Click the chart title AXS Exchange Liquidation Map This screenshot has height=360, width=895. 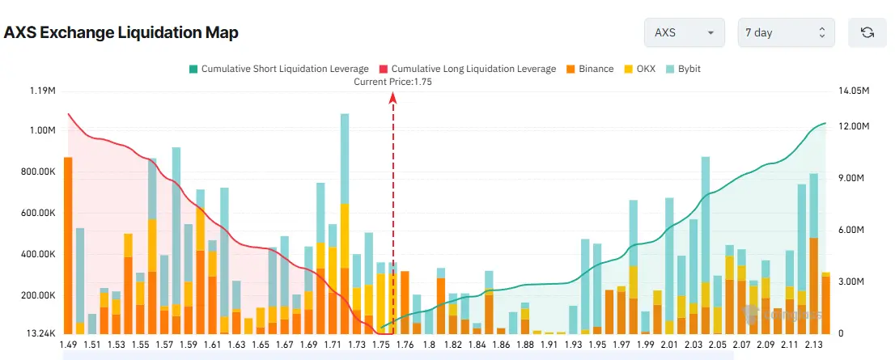point(121,33)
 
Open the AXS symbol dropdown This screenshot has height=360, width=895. point(683,33)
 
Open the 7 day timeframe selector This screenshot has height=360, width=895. point(785,33)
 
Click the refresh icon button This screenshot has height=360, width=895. point(867,33)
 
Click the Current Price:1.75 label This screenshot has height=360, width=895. point(393,81)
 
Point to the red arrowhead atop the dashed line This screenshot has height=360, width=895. point(393,97)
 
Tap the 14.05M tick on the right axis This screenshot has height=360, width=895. point(854,91)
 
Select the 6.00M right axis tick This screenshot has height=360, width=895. point(851,231)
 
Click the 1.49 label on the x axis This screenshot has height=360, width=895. point(70,345)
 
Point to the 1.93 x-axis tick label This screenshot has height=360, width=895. point(573,345)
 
